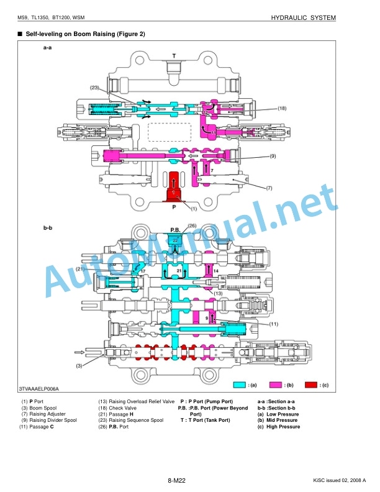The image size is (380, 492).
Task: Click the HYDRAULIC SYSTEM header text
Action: (x=303, y=18)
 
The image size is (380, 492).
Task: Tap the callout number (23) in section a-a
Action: (x=94, y=88)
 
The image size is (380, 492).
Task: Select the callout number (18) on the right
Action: (x=282, y=108)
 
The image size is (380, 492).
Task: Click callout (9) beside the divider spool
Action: (x=273, y=156)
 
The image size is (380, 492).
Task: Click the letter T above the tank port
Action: (x=174, y=56)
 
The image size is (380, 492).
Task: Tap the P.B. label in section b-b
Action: (x=176, y=230)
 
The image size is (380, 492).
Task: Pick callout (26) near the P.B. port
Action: (x=192, y=225)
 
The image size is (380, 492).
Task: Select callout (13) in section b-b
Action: (x=218, y=293)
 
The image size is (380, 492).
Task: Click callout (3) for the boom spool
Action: (x=79, y=365)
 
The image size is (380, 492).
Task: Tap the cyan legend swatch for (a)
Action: (x=240, y=385)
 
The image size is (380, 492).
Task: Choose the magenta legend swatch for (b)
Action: (x=276, y=385)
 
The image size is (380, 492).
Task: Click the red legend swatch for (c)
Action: (x=311, y=385)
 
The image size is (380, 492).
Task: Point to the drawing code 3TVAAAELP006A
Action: (x=38, y=389)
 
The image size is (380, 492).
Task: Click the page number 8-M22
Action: (x=176, y=480)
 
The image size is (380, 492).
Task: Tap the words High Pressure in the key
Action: (x=283, y=427)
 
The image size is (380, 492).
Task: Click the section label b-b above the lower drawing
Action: (x=48, y=228)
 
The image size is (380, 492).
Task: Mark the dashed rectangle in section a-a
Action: (x=170, y=132)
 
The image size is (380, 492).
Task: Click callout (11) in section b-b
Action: (x=274, y=324)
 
